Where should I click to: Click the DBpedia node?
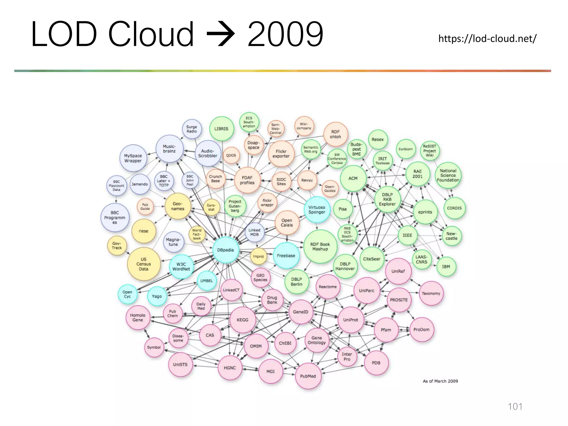[225, 250]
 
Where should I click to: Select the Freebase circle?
[286, 255]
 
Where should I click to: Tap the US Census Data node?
[143, 264]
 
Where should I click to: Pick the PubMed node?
[308, 376]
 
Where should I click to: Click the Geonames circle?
[177, 206]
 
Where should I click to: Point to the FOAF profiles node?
[247, 180]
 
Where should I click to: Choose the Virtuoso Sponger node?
[317, 210]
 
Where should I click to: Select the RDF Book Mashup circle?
[320, 247]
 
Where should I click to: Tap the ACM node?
[353, 178]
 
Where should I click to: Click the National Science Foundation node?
[448, 175]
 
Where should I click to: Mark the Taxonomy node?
[431, 293]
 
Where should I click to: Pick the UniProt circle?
[351, 320]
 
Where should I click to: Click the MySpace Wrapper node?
[133, 158]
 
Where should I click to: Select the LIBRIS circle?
[221, 129]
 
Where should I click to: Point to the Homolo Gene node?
[138, 318]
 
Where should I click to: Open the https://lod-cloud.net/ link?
[487, 38]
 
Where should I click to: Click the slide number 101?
[515, 407]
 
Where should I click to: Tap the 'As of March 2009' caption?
[440, 381]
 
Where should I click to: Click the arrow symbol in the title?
[221, 34]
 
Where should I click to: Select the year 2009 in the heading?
[285, 34]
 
